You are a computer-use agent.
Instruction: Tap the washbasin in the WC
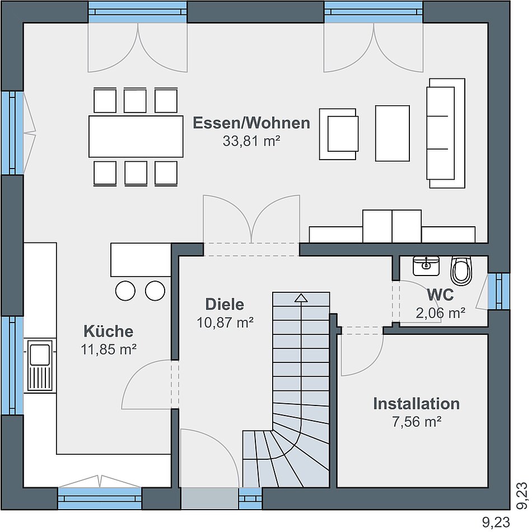(x=426, y=265)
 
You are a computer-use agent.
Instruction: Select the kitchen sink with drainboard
(x=40, y=365)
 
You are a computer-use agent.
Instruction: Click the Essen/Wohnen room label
(x=251, y=123)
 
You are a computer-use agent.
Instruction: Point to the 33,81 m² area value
(x=251, y=141)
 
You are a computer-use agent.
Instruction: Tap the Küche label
(x=109, y=331)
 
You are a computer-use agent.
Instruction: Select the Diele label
(x=225, y=304)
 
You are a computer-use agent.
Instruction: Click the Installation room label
(x=416, y=404)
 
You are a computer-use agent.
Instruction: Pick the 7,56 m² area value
(x=417, y=422)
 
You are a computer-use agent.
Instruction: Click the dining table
(x=136, y=137)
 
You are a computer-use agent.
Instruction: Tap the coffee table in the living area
(x=392, y=133)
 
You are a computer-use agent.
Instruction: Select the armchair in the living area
(x=339, y=134)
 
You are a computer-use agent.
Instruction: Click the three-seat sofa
(x=446, y=133)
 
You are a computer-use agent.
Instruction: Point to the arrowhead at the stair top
(x=301, y=298)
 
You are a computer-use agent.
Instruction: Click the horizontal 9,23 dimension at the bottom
(x=496, y=521)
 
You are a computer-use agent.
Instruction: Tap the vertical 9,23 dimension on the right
(x=521, y=495)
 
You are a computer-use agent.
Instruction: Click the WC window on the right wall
(x=499, y=291)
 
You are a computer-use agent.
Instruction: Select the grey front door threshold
(x=209, y=498)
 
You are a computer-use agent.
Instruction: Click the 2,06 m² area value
(x=440, y=313)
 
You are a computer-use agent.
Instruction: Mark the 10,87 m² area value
(x=225, y=323)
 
